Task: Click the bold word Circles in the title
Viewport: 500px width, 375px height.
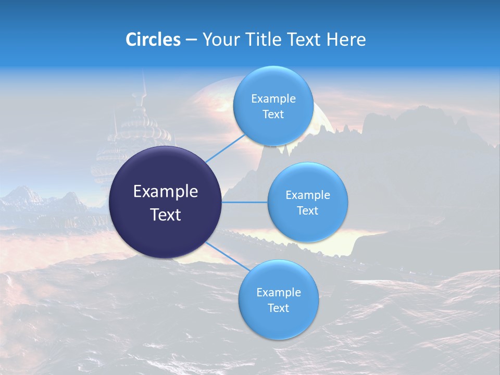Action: pos(153,40)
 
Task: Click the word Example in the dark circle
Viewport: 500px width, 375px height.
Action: pos(166,192)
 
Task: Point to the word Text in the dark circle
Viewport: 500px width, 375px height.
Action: pos(166,215)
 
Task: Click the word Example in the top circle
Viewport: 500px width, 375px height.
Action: pos(273,99)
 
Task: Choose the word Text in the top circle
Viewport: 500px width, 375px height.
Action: pos(273,115)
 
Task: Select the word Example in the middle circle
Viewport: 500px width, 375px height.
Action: pos(307,195)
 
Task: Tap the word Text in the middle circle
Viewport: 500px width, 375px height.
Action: pos(307,211)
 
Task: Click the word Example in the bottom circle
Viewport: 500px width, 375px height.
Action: pos(278,293)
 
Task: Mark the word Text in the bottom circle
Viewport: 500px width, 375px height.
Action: pos(278,308)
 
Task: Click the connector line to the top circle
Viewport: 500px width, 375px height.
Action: pos(225,147)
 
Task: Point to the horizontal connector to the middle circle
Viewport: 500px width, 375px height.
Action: pos(245,202)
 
